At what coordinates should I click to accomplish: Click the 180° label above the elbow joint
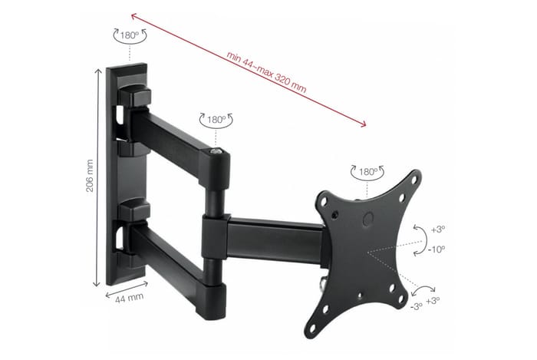coord(216,121)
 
